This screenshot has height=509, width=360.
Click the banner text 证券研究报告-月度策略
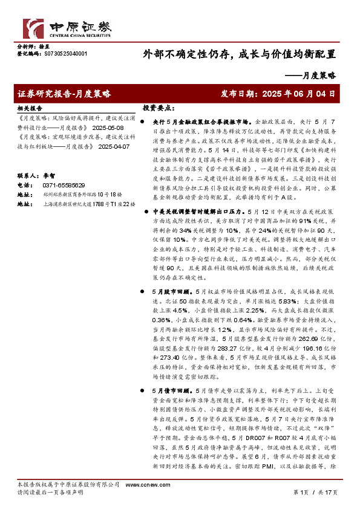pyautogui.click(x=65, y=94)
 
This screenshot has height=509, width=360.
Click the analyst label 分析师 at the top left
pyautogui.click(x=26, y=46)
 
